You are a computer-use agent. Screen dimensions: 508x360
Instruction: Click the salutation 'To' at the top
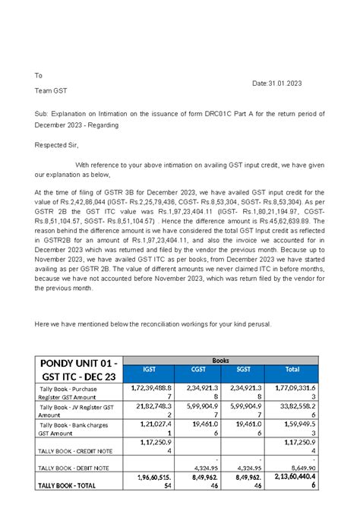click(x=39, y=75)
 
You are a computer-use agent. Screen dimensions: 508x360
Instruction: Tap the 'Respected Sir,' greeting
click(x=57, y=144)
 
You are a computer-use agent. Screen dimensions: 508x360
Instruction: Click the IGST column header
click(x=150, y=370)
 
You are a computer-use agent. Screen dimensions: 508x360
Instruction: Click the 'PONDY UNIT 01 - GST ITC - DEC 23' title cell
click(x=79, y=370)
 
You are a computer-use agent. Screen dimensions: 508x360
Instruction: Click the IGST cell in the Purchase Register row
click(x=150, y=392)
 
